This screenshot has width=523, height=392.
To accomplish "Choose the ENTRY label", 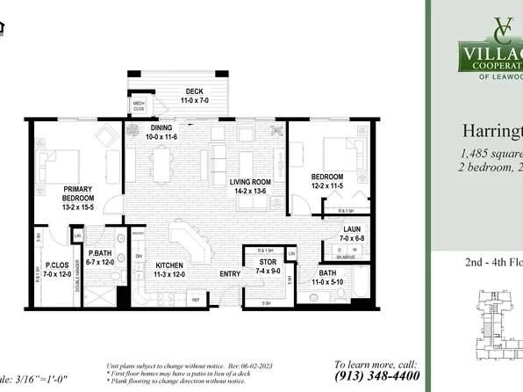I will [230, 274].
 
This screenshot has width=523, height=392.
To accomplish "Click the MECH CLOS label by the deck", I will [139, 107].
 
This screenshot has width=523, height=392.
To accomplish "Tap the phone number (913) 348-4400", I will [377, 375].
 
